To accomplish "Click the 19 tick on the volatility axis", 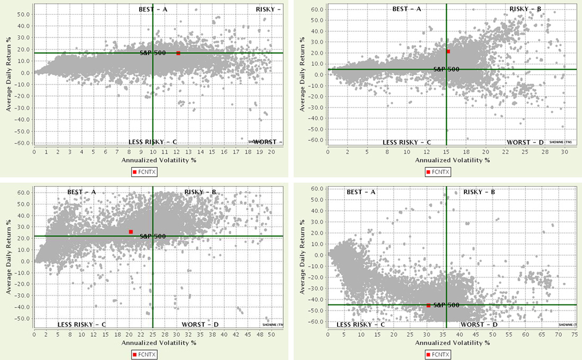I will (x=259, y=152).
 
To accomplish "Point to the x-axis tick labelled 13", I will (x=188, y=152).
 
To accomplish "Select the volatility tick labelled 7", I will (x=117, y=152).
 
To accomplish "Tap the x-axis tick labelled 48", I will (x=259, y=335).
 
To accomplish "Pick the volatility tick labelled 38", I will (x=212, y=335).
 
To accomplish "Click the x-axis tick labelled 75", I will (x=575, y=335).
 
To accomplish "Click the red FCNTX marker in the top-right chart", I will (x=448, y=51).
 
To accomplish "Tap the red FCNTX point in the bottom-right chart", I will (x=428, y=305).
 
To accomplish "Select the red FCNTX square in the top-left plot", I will (x=178, y=53).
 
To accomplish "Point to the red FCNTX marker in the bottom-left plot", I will (x=131, y=232).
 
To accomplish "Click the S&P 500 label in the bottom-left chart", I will (x=153, y=236).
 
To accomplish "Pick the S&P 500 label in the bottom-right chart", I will (x=446, y=305).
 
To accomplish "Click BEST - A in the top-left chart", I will (x=152, y=9).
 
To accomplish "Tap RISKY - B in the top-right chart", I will (x=527, y=9).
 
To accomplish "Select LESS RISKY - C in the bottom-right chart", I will (x=361, y=325).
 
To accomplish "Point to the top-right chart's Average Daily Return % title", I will (x=302, y=74).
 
